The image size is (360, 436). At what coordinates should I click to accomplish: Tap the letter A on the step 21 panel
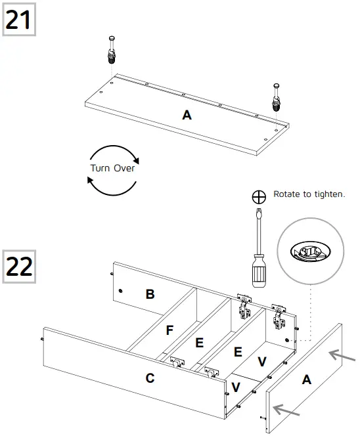click(187, 115)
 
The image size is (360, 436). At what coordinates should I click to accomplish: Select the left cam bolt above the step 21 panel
click(111, 49)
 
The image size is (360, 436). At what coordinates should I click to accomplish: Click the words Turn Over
click(112, 168)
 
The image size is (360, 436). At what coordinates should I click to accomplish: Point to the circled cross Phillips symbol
click(259, 196)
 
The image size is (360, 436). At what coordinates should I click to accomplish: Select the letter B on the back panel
click(150, 294)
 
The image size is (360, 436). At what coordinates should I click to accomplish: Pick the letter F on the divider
click(169, 330)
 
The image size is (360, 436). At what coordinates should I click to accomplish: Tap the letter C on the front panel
click(150, 378)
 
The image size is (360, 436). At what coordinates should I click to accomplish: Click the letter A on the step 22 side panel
click(306, 379)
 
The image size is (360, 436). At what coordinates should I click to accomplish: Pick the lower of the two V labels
click(236, 386)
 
